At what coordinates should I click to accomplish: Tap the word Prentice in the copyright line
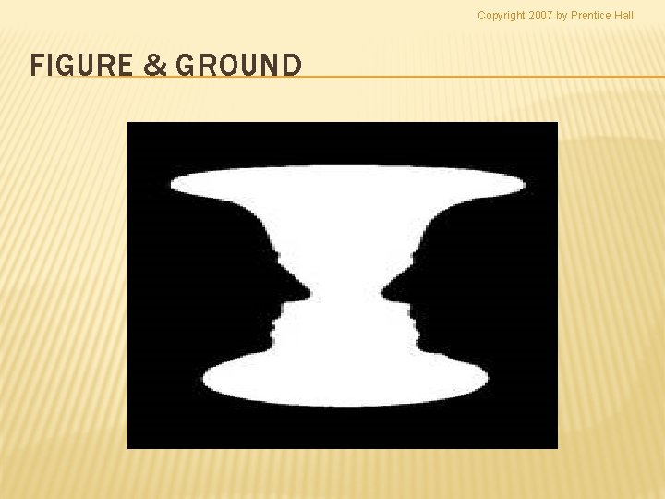592,15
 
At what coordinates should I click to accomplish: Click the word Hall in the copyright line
624,15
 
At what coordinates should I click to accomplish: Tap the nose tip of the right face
382,293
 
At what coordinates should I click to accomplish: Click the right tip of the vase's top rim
525,184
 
